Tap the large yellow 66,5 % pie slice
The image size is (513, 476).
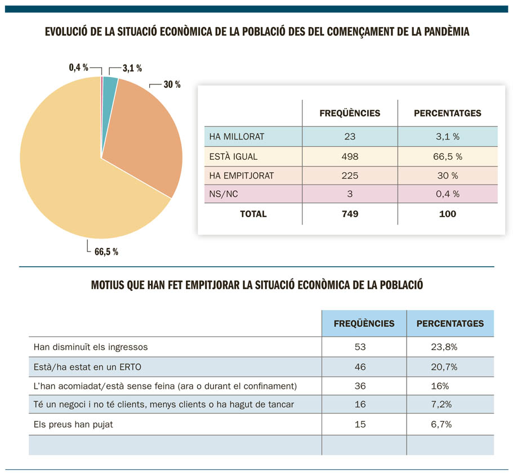tap(73, 180)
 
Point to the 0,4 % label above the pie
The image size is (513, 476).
tap(78, 68)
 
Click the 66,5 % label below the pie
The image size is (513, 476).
tap(106, 252)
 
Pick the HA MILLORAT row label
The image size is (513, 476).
tap(237, 137)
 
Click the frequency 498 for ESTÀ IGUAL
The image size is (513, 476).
tap(350, 156)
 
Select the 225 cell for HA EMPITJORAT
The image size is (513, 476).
tap(350, 176)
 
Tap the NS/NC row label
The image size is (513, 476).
tap(222, 194)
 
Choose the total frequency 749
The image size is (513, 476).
tap(350, 214)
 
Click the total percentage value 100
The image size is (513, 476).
tap(448, 214)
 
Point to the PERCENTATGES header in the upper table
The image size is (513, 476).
tap(448, 113)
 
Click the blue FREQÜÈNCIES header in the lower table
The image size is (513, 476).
tap(364, 324)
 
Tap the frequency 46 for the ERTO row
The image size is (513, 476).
tap(360, 367)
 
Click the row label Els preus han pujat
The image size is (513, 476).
tap(73, 424)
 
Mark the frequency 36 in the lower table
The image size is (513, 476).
tap(360, 386)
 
